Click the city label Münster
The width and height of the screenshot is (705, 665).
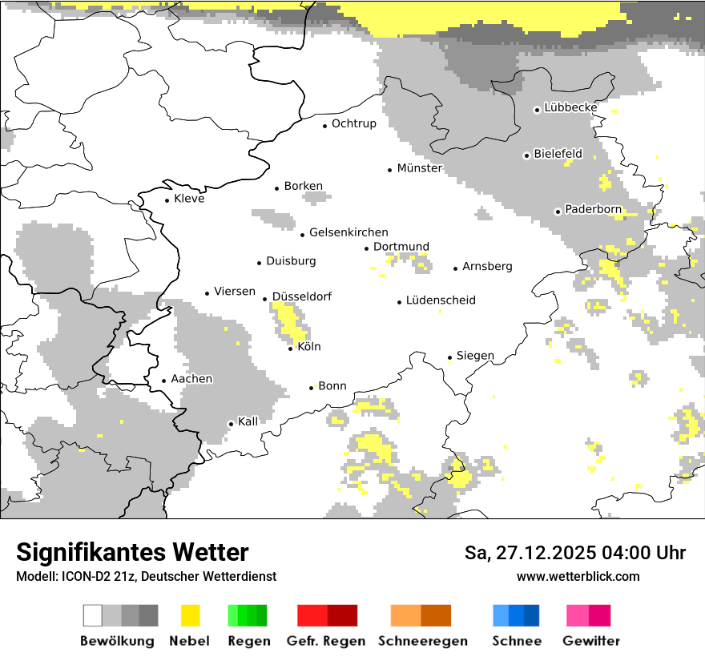[x=420, y=168]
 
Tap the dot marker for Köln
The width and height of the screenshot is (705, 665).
[x=291, y=349]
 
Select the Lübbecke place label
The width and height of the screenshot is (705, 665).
[x=570, y=107]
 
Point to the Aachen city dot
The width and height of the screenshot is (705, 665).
[x=163, y=381]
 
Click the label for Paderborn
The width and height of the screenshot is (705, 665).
[x=593, y=209]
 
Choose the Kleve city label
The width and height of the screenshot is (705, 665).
[x=189, y=199]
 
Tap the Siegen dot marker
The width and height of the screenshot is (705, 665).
[x=449, y=357]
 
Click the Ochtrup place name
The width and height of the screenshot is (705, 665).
[x=353, y=123]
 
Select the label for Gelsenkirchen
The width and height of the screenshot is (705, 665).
[x=348, y=232]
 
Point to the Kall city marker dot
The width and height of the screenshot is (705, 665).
[x=231, y=424]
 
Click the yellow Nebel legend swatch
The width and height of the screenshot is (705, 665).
[x=190, y=615]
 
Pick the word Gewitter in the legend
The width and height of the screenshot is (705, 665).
[x=591, y=641]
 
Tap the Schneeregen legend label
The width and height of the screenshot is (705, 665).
[x=422, y=641]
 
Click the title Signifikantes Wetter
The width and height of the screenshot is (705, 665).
[x=132, y=552]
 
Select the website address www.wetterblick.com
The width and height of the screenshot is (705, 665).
[x=578, y=576]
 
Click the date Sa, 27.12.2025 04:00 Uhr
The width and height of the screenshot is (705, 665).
[x=574, y=553]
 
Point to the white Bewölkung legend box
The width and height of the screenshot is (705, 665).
[x=92, y=615]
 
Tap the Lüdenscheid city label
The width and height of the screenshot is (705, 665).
[x=441, y=300]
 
